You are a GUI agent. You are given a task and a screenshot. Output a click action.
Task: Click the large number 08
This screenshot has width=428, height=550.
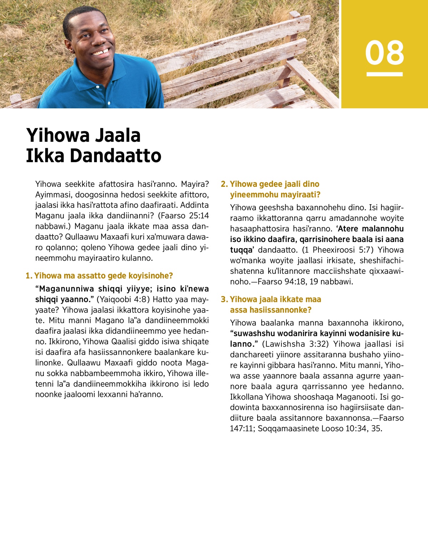(x=384, y=53)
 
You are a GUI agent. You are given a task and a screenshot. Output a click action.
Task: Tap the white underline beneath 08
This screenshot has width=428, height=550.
(x=384, y=74)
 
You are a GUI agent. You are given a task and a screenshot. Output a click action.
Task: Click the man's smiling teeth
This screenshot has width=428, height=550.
(x=101, y=53)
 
